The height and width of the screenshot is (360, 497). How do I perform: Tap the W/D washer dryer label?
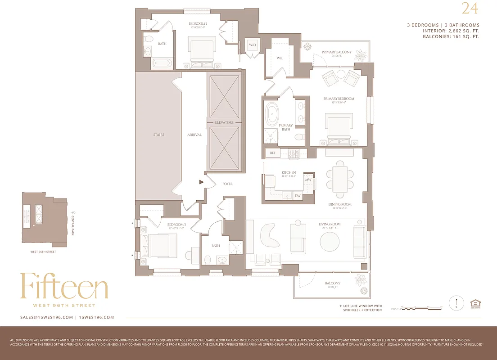tap(252, 45)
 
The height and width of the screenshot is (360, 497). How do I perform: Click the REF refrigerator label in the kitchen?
tap(272, 153)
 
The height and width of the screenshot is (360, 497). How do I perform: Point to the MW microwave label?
tap(308, 180)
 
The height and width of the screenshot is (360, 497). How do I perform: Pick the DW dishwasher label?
tap(298, 196)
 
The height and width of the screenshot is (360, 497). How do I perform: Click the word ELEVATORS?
tap(224, 122)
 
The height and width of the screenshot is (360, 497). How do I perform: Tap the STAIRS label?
tap(158, 135)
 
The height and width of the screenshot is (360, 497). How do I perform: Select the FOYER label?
tap(227, 184)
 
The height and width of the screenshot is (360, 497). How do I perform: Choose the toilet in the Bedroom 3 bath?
tap(208, 260)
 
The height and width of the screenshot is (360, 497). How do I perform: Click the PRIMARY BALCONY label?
tap(337, 53)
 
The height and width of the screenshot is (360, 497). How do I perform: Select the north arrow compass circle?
tap(457, 302)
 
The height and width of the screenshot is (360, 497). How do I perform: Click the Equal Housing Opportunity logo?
tap(474, 303)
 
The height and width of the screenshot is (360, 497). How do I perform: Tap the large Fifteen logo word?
tap(64, 286)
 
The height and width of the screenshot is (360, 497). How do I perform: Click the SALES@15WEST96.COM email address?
tap(46, 317)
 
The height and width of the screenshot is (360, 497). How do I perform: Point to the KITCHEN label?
tap(289, 172)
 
